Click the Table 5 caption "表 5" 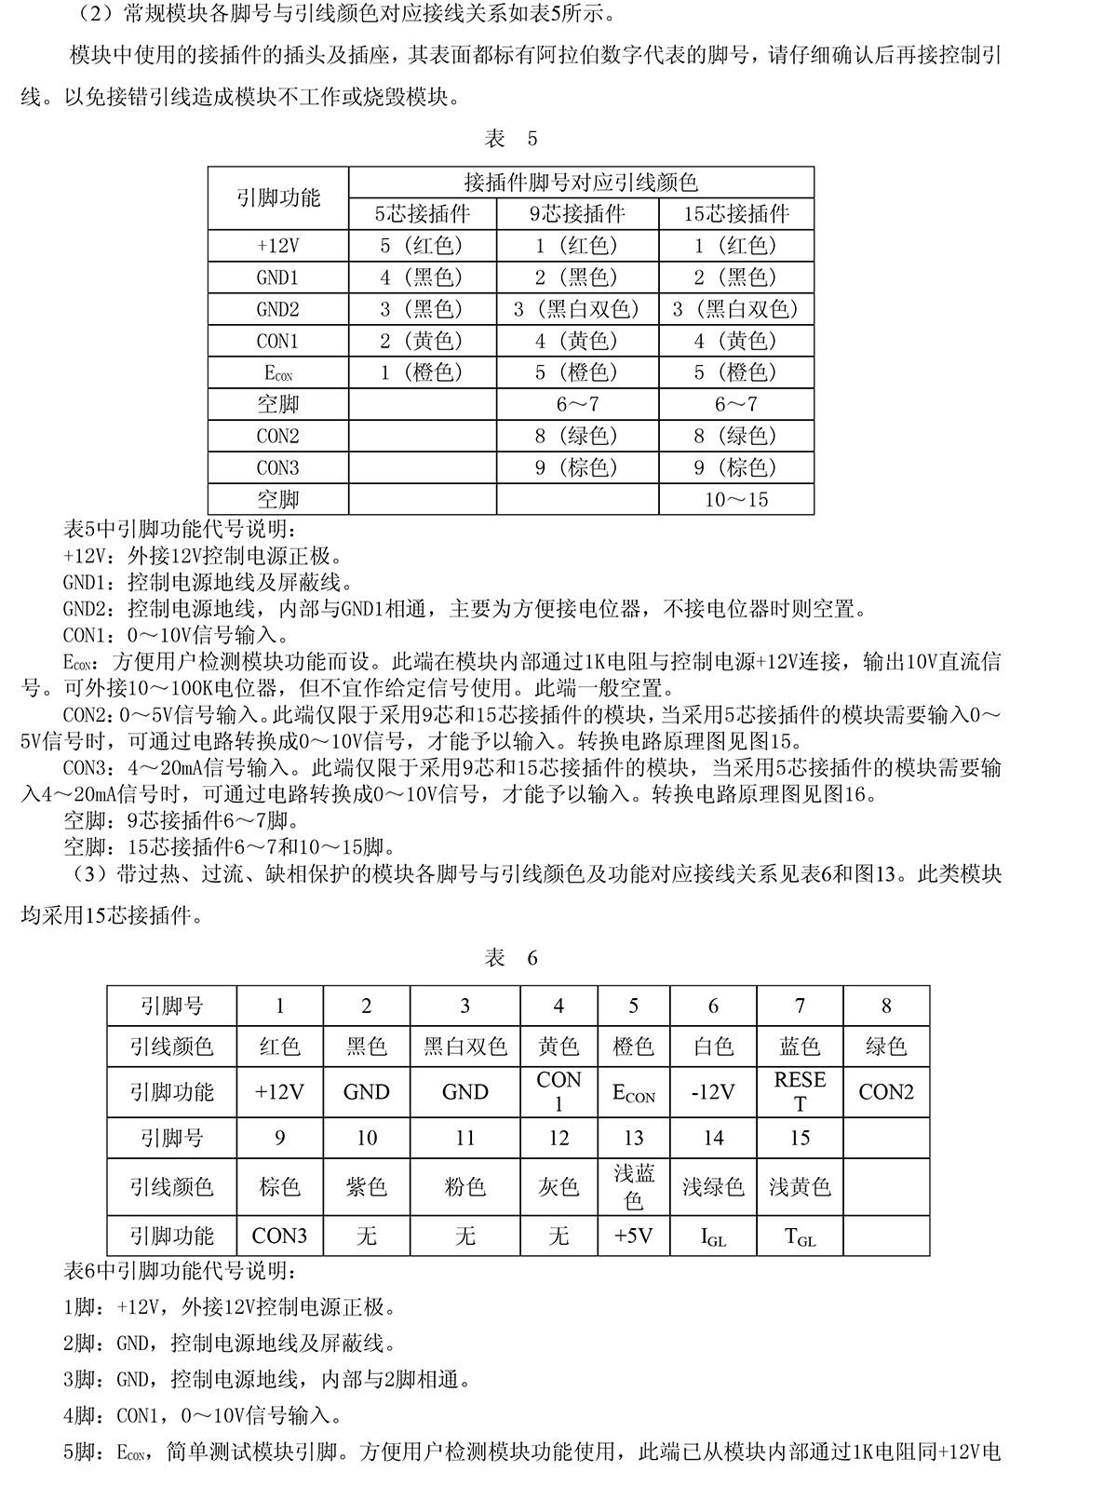click(511, 139)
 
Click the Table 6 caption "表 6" click(511, 958)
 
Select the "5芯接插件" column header click(423, 214)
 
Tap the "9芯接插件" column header click(577, 214)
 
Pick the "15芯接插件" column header click(736, 214)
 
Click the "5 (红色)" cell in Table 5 click(423, 246)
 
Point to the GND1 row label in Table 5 click(277, 277)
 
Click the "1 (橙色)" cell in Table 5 click(423, 372)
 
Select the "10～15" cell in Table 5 click(736, 500)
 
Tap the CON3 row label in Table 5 click(277, 467)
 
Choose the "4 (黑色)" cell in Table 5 click(423, 277)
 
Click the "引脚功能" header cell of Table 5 click(277, 197)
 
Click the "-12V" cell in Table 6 click(713, 1092)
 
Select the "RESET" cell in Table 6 click(800, 1092)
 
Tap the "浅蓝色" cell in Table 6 click(634, 1186)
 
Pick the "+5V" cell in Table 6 click(634, 1236)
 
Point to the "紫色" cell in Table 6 click(367, 1187)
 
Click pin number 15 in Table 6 click(800, 1138)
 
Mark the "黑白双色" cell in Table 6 click(465, 1047)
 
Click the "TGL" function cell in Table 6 click(800, 1237)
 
